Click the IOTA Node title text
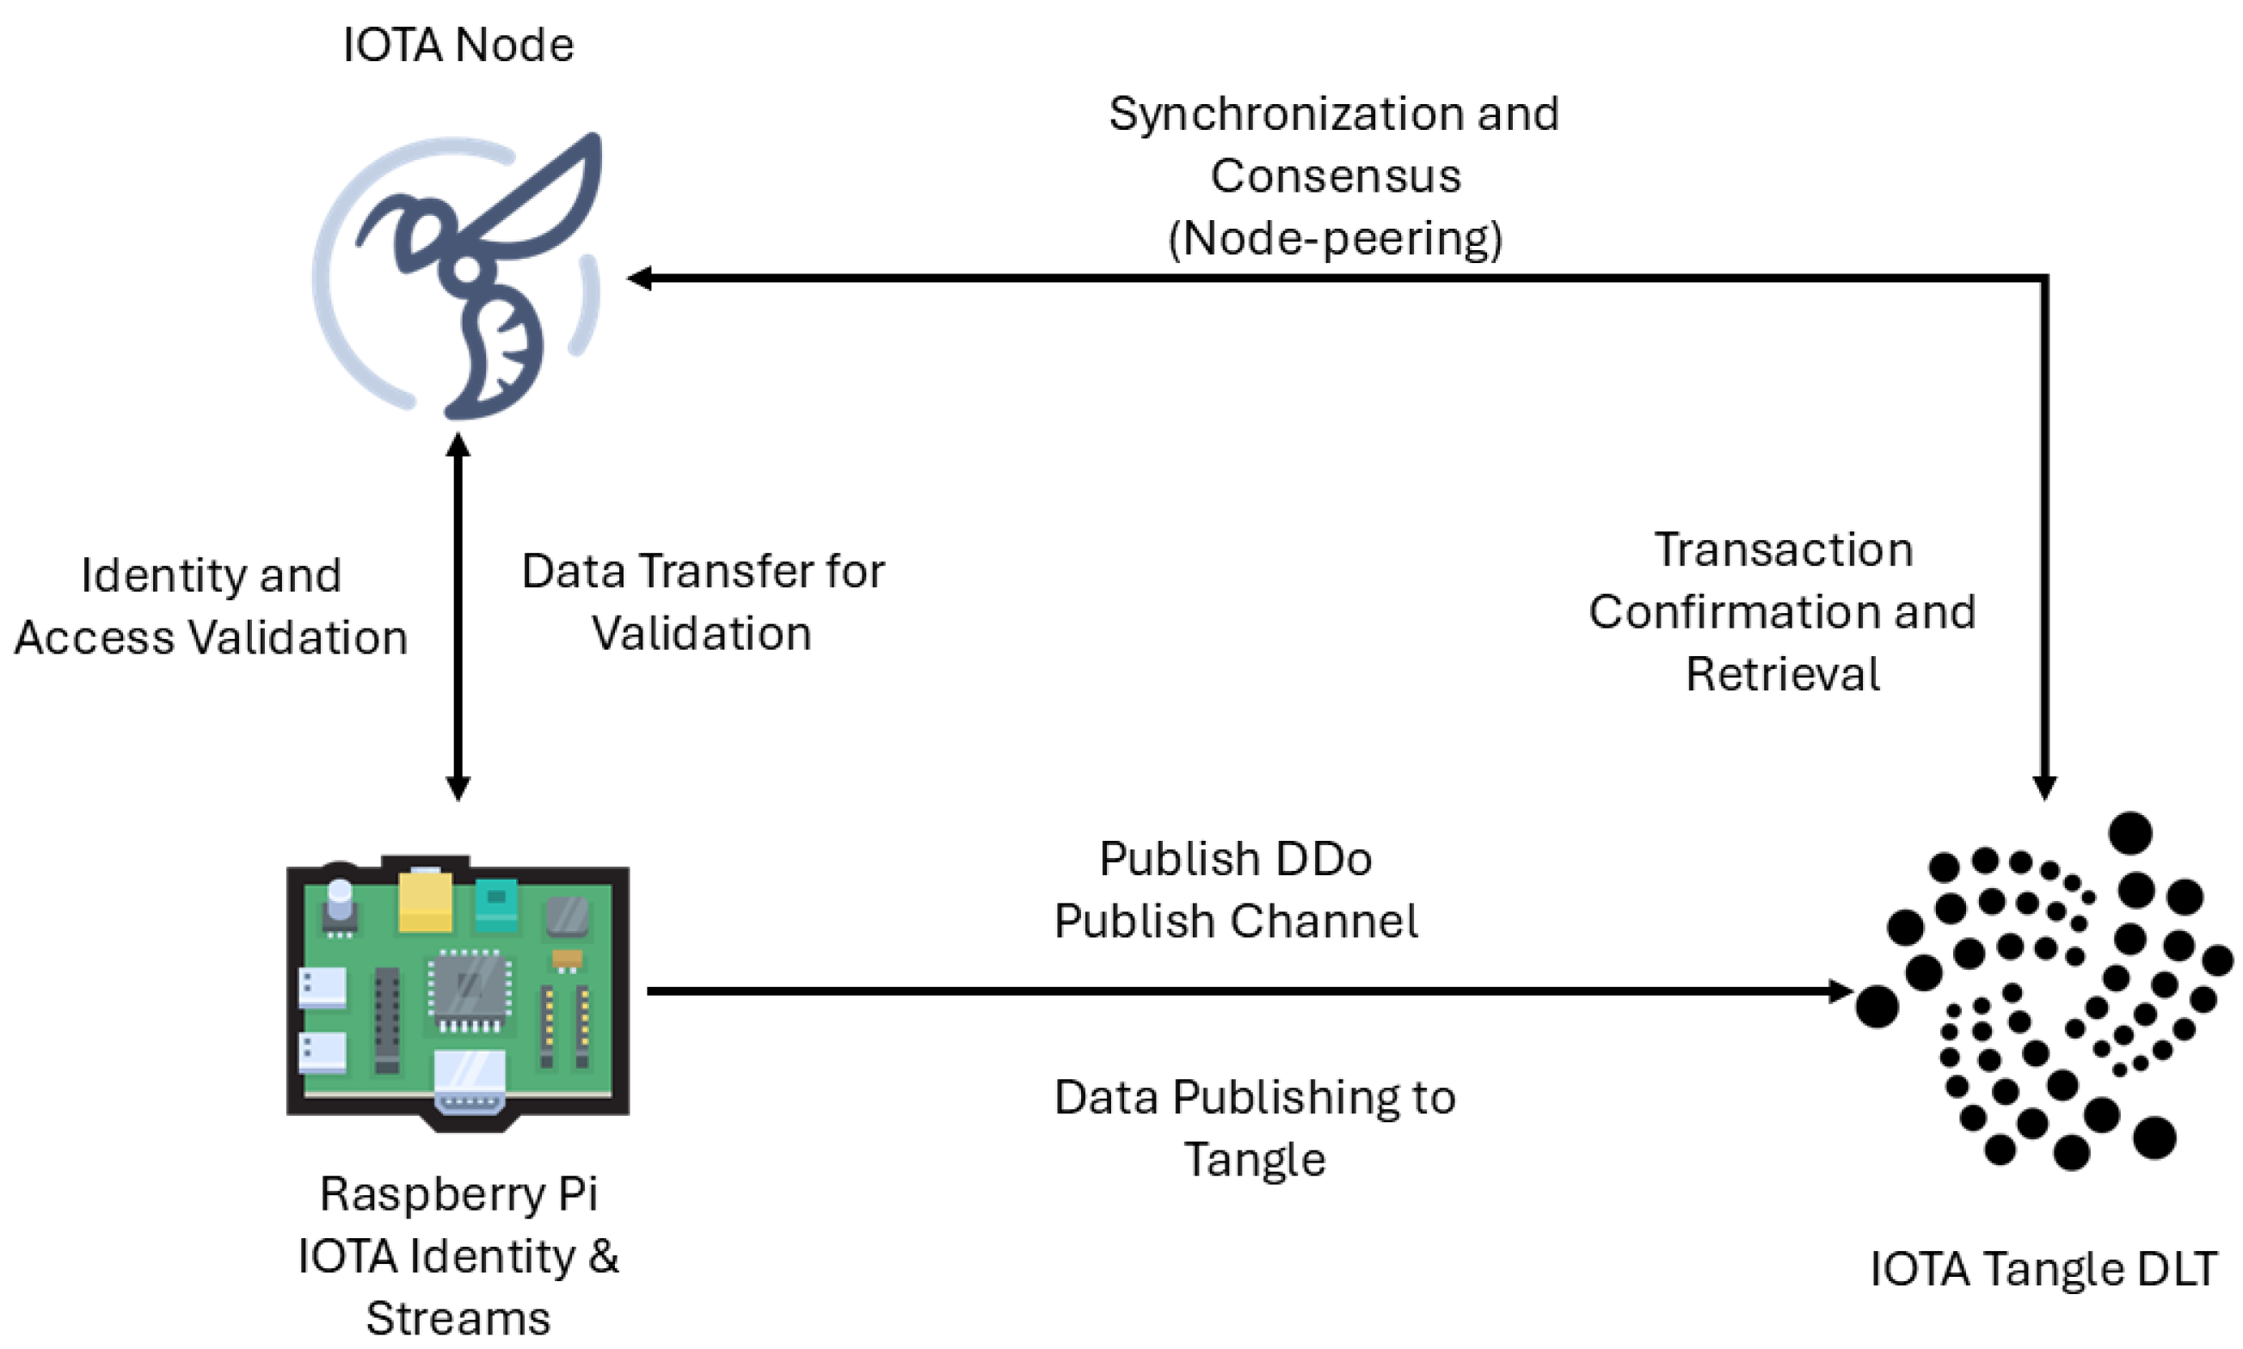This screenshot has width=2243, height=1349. (x=458, y=46)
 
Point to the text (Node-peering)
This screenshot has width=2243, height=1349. (x=1335, y=239)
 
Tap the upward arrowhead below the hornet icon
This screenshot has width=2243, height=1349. (x=458, y=445)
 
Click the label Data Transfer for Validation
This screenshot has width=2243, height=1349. (x=702, y=602)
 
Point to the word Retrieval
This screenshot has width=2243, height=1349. (x=1782, y=674)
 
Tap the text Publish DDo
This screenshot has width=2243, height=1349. (x=1235, y=859)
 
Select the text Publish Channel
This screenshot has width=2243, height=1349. (x=1236, y=921)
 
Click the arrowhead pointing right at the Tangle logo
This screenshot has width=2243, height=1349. (x=1840, y=990)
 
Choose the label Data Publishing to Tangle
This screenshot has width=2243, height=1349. (x=1255, y=1128)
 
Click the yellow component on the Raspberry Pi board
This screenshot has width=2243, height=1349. (x=425, y=901)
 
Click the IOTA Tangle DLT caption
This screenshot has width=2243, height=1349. (x=2043, y=1268)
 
